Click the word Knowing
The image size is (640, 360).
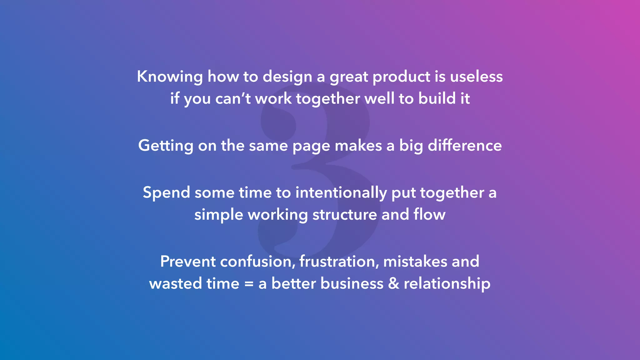click(170, 77)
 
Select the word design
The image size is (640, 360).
click(287, 77)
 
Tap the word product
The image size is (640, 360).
click(402, 77)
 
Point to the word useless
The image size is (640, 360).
click(476, 76)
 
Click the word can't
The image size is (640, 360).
click(233, 99)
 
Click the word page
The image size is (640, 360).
click(311, 146)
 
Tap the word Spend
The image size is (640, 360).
click(166, 193)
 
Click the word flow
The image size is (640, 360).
click(429, 214)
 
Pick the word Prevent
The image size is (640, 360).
click(188, 261)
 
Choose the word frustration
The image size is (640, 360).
click(339, 261)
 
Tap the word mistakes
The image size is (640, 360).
click(415, 261)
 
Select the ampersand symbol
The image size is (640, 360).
click(393, 283)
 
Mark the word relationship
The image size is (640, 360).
click(447, 284)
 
